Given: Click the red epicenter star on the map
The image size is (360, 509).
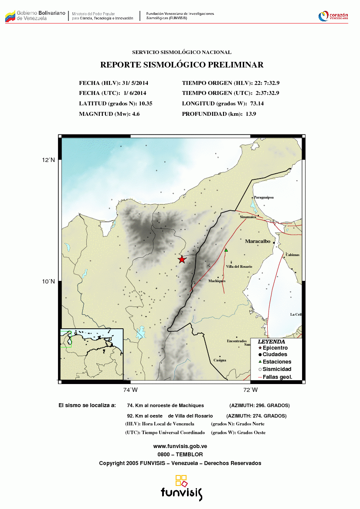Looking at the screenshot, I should coord(182,260).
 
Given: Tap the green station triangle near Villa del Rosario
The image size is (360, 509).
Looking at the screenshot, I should coord(226,250).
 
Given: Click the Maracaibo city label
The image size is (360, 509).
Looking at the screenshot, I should coord(258,241).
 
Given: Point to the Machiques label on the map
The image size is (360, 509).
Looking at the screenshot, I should coord(217,281).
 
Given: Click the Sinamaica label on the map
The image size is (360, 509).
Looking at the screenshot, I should coord(248,216).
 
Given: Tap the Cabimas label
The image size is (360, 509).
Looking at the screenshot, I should coord(292,255).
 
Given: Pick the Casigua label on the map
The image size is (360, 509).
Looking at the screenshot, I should coord(220,360).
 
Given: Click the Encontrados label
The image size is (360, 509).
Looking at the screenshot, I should coord(237,341).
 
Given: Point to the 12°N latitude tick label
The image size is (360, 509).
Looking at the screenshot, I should coord(48,160).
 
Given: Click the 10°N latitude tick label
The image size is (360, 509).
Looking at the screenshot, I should coord(48,281).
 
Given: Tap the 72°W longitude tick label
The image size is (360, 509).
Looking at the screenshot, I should coord(250,390).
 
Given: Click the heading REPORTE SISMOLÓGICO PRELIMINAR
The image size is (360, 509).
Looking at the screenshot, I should coord(182,65).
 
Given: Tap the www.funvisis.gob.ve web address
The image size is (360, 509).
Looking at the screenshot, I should coord(180,446).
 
